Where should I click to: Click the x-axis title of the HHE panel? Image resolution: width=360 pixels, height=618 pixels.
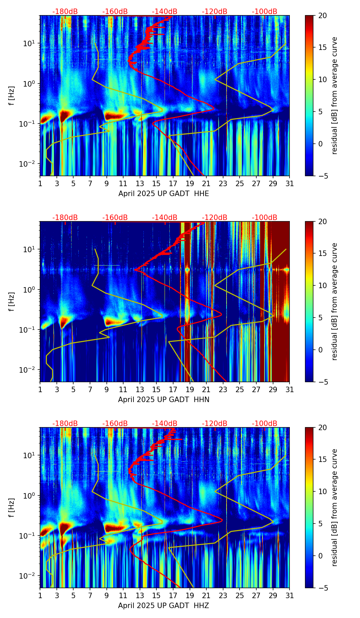164,194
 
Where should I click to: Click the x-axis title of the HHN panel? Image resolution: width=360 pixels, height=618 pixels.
164,400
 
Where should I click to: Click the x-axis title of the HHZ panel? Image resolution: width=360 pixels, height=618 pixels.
164,606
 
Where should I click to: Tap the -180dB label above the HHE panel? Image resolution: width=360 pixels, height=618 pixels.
65,12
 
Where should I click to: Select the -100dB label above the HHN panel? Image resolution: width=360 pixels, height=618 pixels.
265,218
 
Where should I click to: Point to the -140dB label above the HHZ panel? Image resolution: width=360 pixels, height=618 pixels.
165,424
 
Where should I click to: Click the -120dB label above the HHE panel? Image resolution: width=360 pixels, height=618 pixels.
215,12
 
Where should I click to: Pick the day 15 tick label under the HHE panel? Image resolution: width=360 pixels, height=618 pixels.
156,183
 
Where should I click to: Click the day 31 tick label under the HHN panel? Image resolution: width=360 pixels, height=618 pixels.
290,389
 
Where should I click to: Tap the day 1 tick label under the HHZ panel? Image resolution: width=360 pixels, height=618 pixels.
40,595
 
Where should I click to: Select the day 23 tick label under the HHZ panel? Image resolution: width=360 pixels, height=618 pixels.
223,595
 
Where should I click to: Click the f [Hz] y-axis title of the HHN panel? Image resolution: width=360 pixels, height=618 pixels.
12,301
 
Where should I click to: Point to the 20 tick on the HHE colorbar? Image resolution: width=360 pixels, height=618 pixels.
323,15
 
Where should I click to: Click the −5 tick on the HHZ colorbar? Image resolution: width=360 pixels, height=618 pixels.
323,588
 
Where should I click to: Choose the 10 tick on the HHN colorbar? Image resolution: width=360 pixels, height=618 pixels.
323,285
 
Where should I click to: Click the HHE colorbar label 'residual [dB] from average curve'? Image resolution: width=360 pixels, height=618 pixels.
334,95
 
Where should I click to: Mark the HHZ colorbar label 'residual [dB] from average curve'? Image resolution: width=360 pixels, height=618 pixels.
334,507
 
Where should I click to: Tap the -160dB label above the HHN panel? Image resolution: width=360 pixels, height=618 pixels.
115,218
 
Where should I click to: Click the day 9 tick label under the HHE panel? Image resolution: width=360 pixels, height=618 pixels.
107,183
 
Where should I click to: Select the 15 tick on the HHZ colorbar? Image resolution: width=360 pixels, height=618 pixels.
323,460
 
